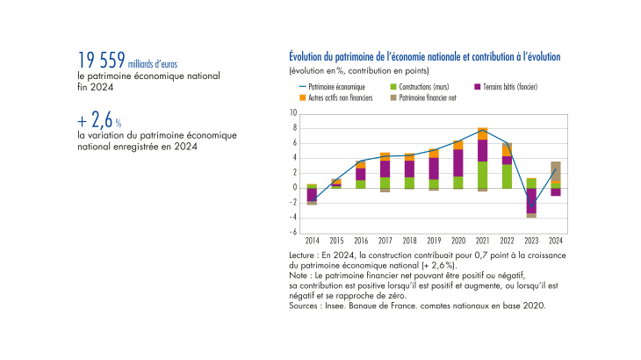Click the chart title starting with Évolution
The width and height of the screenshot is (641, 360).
(423, 56)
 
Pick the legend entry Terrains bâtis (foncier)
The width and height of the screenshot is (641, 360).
(505, 88)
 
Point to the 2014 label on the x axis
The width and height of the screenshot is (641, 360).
(312, 240)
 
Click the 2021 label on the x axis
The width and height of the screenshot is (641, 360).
(482, 240)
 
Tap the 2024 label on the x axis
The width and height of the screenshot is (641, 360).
(555, 240)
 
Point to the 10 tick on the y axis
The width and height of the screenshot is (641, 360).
(294, 114)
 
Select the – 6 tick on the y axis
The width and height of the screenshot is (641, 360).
(293, 232)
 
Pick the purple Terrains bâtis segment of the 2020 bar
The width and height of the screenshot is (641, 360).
(457, 162)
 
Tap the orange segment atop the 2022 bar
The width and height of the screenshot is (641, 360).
(507, 149)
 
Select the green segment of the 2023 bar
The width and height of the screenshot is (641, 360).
(531, 183)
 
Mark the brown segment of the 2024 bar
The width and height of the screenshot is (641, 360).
(555, 171)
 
